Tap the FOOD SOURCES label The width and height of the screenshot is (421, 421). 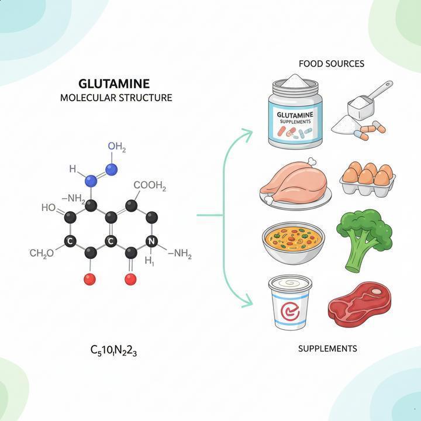(331, 63)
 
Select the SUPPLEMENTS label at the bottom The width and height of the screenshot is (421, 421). (327, 348)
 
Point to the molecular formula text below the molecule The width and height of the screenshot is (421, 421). (114, 351)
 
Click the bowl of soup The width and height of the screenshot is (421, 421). (293, 240)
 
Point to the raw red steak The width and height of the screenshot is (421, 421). (358, 301)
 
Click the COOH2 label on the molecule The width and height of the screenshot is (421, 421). (150, 187)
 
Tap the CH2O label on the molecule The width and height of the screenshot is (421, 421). (42, 253)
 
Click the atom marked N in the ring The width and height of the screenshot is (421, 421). (151, 241)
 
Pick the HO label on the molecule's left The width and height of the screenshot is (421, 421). (49, 208)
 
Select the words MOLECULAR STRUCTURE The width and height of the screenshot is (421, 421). (116, 98)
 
